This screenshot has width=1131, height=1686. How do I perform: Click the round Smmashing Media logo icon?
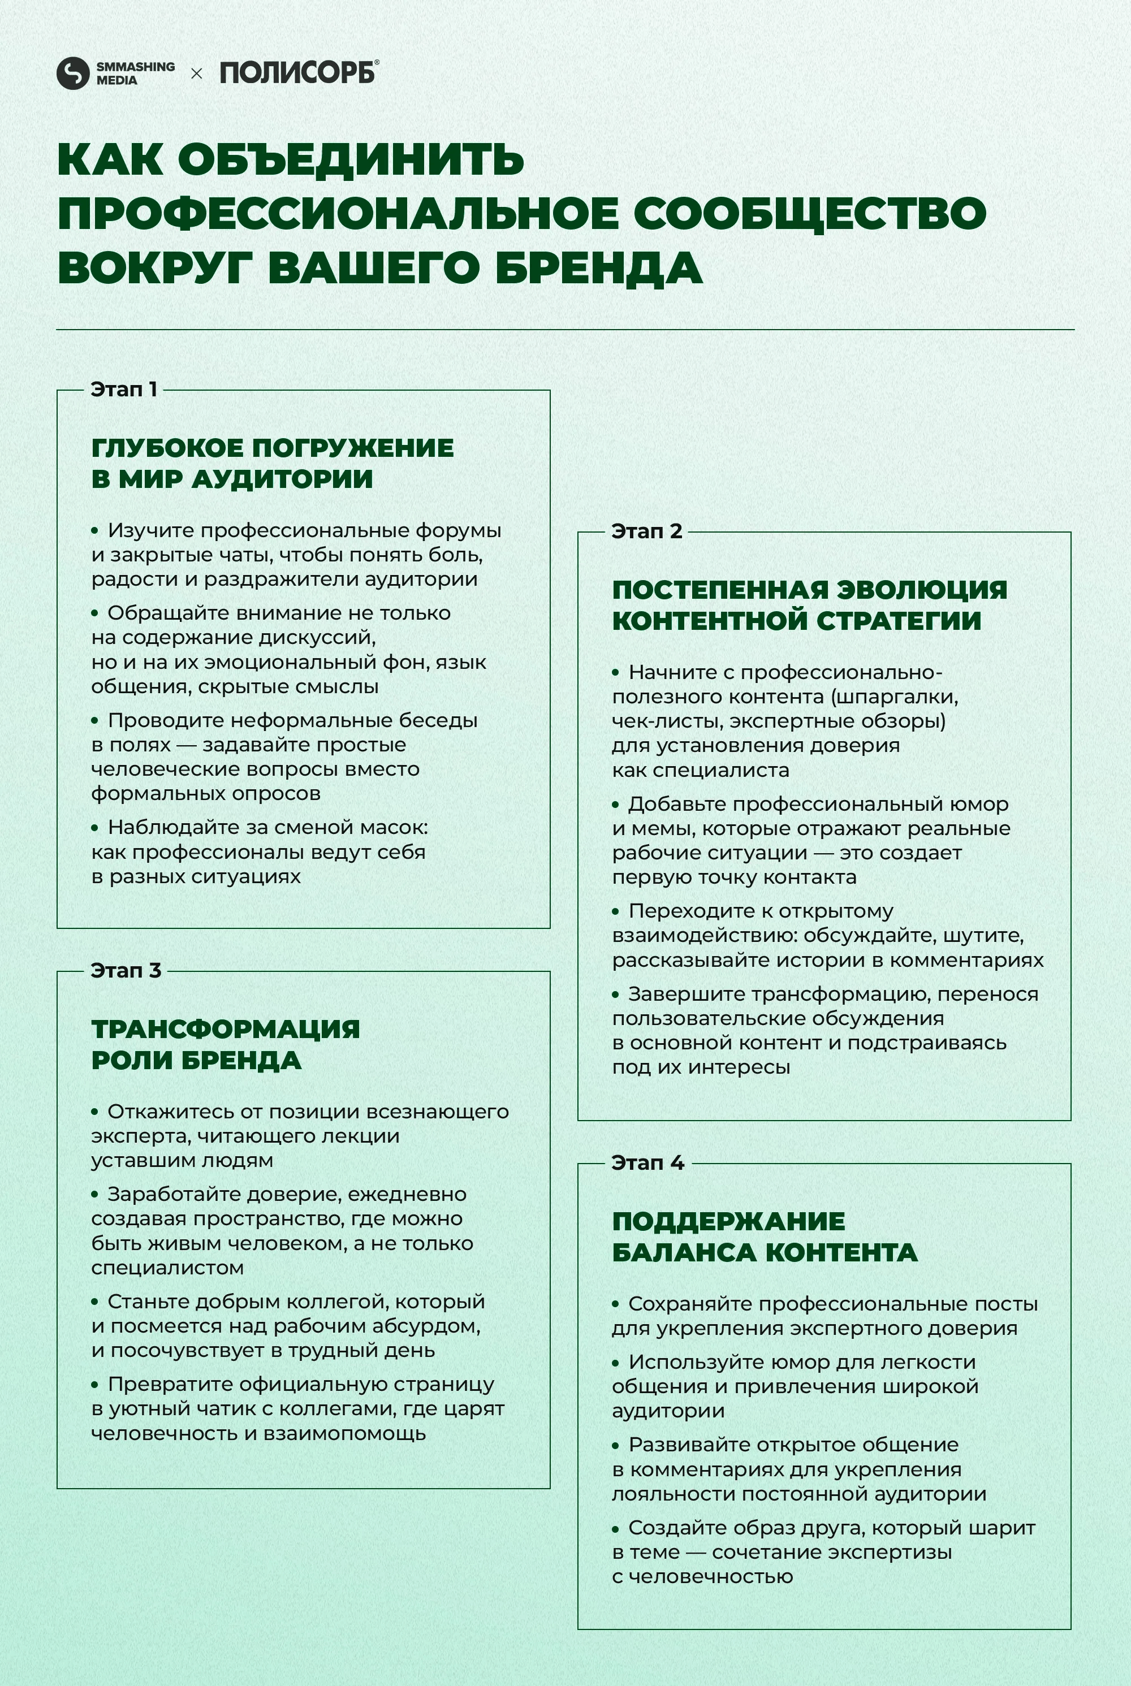click(72, 74)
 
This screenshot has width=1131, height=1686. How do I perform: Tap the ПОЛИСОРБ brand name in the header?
click(298, 73)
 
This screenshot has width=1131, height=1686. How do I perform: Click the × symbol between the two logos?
click(196, 74)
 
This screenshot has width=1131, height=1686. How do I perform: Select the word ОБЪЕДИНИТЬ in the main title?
click(351, 159)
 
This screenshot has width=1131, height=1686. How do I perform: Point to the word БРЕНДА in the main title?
click(599, 267)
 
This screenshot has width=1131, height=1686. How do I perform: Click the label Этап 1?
click(123, 390)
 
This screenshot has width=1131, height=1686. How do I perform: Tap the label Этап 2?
click(646, 531)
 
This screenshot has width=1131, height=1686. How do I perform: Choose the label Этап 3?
click(126, 971)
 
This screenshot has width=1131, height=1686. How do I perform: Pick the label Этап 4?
click(647, 1162)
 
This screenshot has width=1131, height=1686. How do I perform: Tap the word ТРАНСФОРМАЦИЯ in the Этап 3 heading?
click(225, 1029)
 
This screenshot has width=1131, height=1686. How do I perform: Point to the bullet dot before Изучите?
click(94, 531)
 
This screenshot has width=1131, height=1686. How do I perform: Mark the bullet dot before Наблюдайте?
click(94, 827)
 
